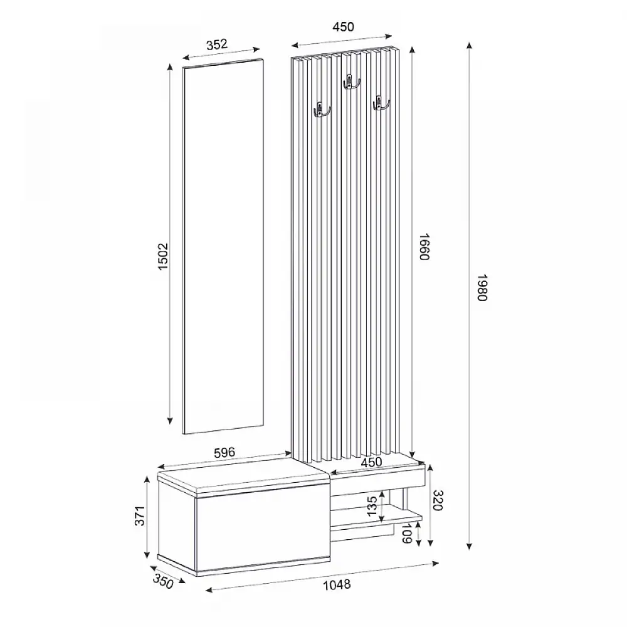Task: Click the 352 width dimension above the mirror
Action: click(216, 44)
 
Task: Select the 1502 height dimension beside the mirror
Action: click(163, 256)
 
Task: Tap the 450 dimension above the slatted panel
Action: click(343, 26)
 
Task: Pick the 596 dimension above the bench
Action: click(223, 452)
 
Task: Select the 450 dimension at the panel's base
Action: click(371, 462)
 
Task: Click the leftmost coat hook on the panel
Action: click(320, 111)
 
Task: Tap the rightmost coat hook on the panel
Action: click(380, 103)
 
